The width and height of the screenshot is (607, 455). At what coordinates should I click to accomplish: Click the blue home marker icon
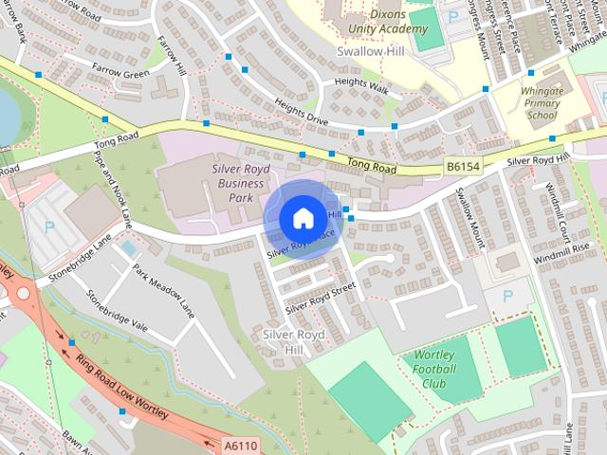coord(302,218)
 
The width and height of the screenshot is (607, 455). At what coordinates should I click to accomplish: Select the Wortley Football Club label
coord(434,370)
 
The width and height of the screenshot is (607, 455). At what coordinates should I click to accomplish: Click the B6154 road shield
coord(460,167)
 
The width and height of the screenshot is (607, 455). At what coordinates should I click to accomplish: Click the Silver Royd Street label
coord(320,295)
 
